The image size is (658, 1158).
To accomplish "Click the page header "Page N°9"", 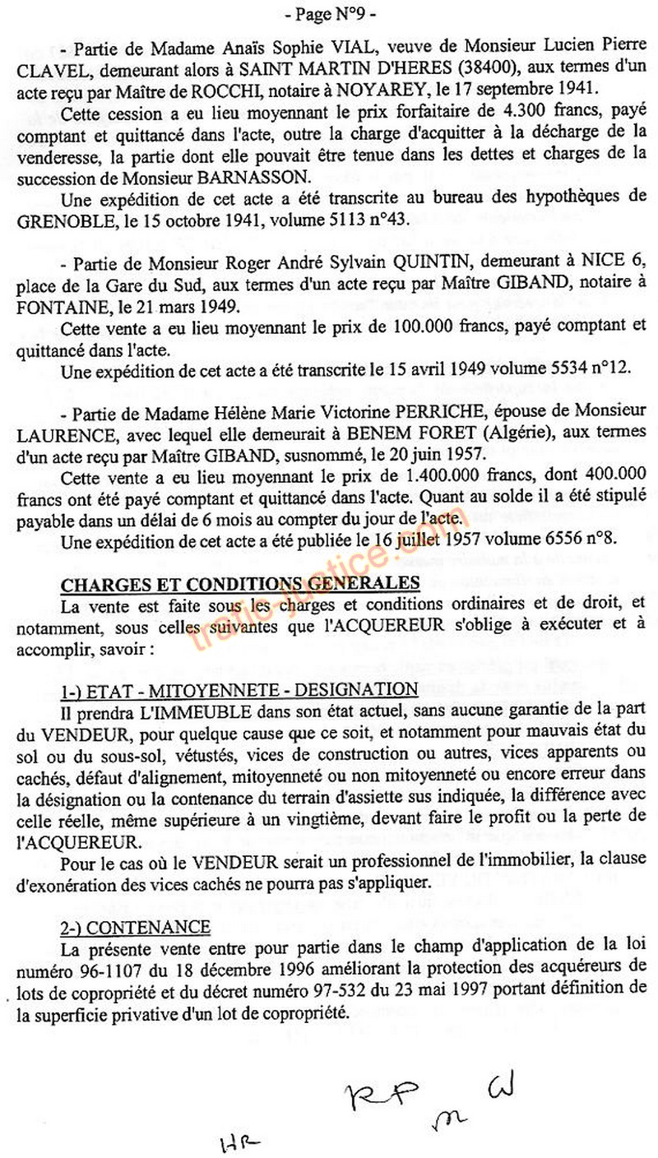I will click(329, 15).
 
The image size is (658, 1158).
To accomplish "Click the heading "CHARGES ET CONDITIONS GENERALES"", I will click(242, 583).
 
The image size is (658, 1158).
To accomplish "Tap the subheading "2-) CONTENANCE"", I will click(135, 928).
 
